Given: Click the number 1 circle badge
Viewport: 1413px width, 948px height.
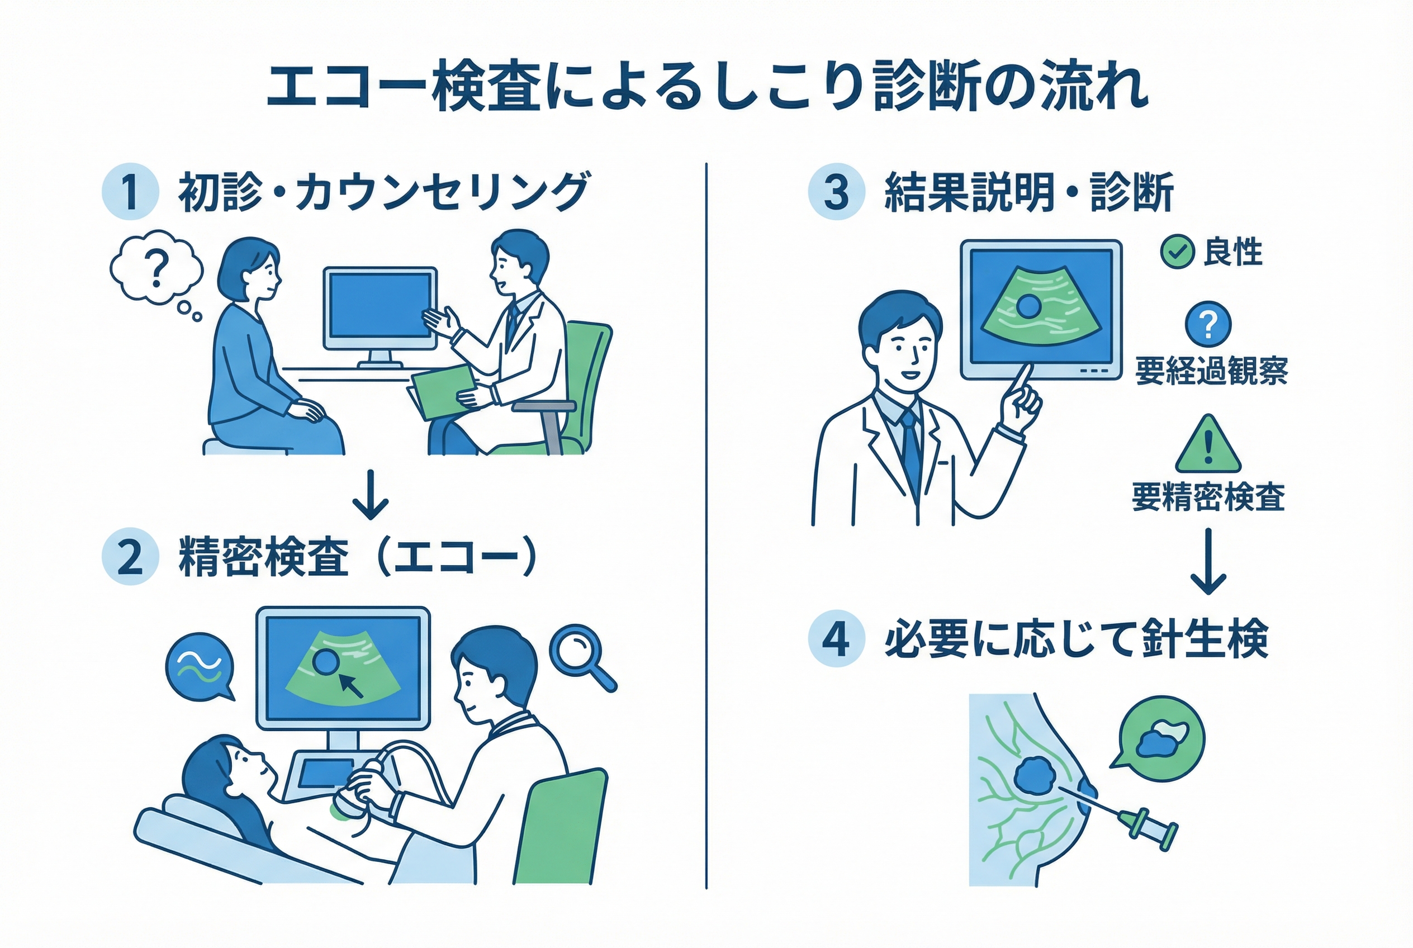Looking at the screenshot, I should click(131, 192).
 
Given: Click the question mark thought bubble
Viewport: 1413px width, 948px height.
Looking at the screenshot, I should click(156, 268).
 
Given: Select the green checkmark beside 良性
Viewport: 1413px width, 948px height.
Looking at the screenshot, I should click(1177, 252).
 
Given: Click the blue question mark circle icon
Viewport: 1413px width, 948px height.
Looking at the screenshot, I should click(1208, 324).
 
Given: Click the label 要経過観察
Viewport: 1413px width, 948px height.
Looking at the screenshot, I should click(1211, 371).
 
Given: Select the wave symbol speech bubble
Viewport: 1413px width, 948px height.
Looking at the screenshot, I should click(200, 667).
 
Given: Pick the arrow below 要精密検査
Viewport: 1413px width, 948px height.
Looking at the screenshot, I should click(1208, 561).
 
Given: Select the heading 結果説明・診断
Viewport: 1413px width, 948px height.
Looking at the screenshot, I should click(1028, 192).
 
